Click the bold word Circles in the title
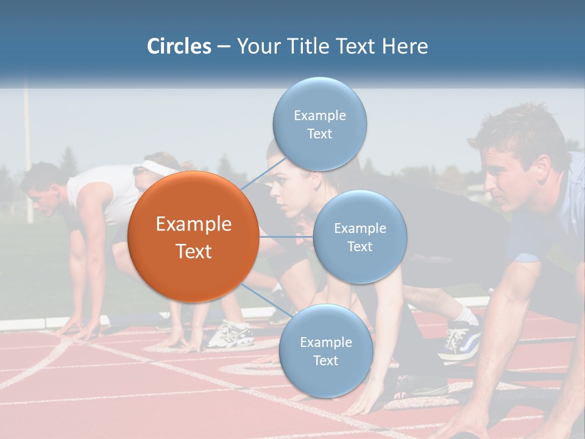pos(179,46)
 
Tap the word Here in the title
pos(405,46)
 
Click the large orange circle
pos(193,237)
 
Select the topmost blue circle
pos(319,124)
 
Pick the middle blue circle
pos(360,237)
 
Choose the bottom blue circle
pos(325,351)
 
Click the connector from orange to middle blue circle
pos(286,237)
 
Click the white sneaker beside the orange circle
pos(230,334)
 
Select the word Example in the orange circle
pos(193,224)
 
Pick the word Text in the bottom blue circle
pos(325,360)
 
